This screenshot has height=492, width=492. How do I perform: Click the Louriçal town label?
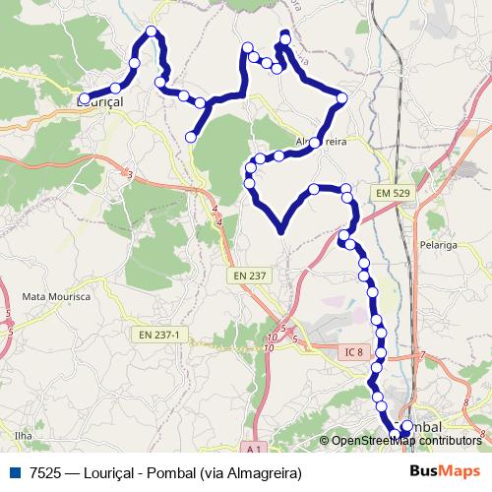100,100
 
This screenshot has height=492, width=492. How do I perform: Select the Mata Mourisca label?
55,296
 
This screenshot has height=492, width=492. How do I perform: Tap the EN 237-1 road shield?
159,335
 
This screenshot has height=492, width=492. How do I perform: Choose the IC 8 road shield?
353,350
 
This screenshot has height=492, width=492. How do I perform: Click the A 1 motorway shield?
253,449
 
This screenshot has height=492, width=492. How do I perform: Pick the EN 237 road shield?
251,277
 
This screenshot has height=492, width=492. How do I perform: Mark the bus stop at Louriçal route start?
84,98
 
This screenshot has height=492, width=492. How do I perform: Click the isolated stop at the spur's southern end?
192,137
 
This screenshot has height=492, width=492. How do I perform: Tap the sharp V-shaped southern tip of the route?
281,231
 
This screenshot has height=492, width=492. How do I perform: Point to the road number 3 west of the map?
129,175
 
